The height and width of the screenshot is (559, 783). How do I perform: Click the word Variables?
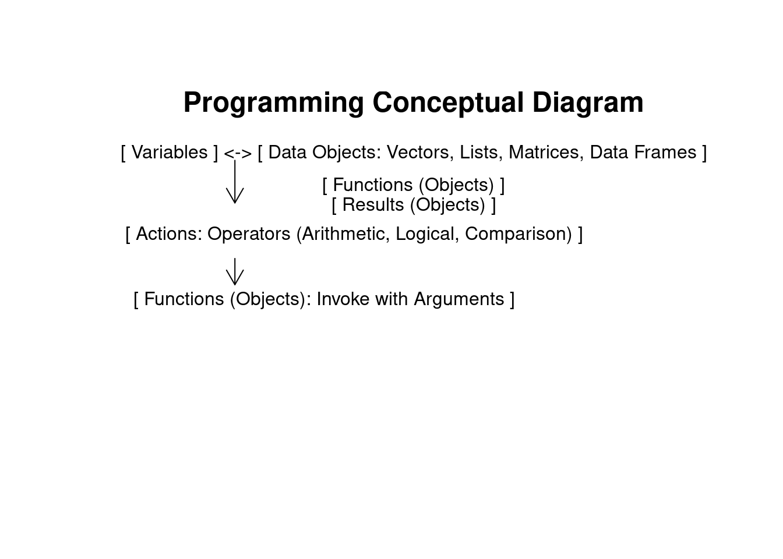click(170, 153)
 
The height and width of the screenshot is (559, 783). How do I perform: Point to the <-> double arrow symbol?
click(238, 153)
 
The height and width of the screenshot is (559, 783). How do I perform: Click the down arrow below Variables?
click(235, 182)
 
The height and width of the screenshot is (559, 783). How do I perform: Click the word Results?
click(373, 205)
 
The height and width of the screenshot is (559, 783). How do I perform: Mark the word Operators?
click(249, 233)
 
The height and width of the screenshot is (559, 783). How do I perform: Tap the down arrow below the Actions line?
click(235, 271)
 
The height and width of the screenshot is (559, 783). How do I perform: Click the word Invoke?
click(343, 299)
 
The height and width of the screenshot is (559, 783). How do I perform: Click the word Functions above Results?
click(373, 185)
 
